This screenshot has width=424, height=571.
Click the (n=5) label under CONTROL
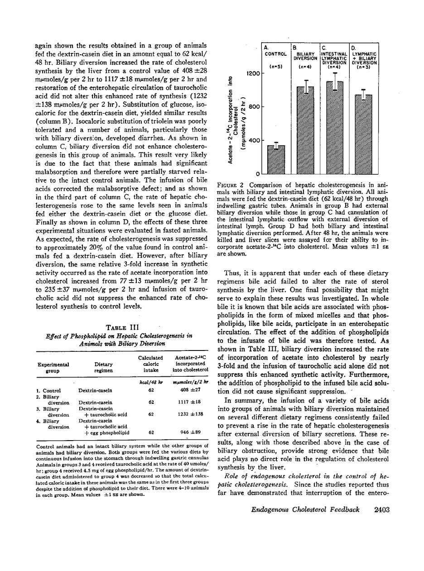pos(275,67)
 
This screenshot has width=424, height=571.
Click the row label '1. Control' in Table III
pos(49,390)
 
